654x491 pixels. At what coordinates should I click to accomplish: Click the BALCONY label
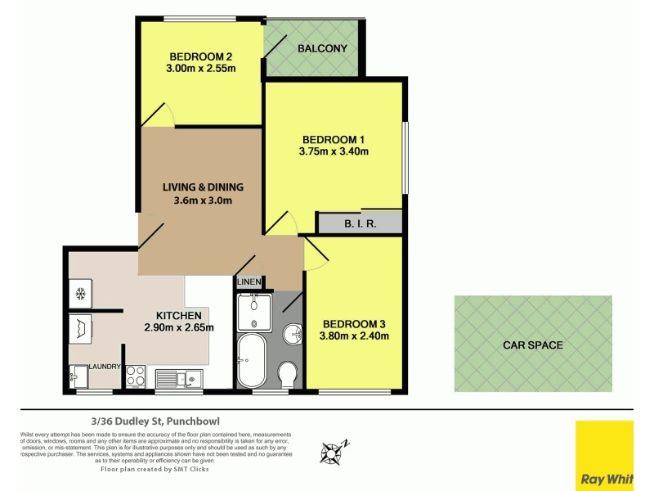[x=322, y=48]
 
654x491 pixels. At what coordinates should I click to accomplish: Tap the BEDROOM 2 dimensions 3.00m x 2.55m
[x=202, y=69]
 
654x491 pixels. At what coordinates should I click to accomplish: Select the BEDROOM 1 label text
[x=334, y=138]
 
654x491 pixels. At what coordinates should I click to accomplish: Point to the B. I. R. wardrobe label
[x=360, y=223]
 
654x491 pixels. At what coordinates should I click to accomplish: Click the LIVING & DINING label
[x=202, y=187]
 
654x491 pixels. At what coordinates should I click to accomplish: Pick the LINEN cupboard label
[x=249, y=282]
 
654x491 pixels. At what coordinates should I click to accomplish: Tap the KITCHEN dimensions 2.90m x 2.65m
[x=178, y=328]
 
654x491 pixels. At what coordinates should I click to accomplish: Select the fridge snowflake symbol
[x=81, y=293]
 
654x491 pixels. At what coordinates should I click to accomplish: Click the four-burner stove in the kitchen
[x=136, y=377]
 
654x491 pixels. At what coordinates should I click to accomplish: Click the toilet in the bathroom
[x=287, y=375]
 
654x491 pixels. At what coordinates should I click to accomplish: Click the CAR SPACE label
[x=532, y=345]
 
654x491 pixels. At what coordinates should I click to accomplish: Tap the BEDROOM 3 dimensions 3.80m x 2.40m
[x=354, y=335]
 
